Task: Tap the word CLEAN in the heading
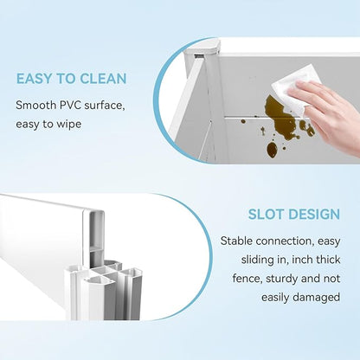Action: click(x=103, y=79)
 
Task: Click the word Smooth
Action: click(x=36, y=106)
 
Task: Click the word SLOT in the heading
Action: click(x=266, y=215)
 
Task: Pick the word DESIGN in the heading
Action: click(x=314, y=215)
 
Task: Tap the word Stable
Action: click(x=236, y=241)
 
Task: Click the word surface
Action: click(x=105, y=106)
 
